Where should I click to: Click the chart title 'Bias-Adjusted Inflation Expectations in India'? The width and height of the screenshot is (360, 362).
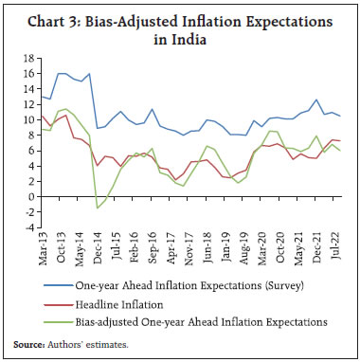179,27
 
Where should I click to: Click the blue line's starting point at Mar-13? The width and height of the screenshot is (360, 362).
41,96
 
